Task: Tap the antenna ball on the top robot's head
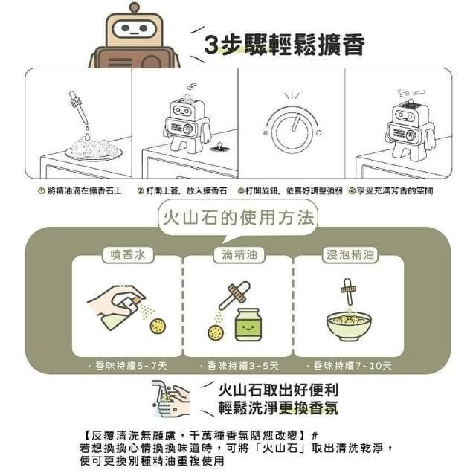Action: click(134, 7)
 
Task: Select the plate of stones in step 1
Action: click(93, 149)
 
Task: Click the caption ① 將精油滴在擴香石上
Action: click(80, 191)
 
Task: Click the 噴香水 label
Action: click(126, 255)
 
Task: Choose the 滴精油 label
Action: click(238, 255)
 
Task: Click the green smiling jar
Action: click(248, 324)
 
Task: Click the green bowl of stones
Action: click(349, 325)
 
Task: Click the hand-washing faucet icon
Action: click(170, 398)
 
